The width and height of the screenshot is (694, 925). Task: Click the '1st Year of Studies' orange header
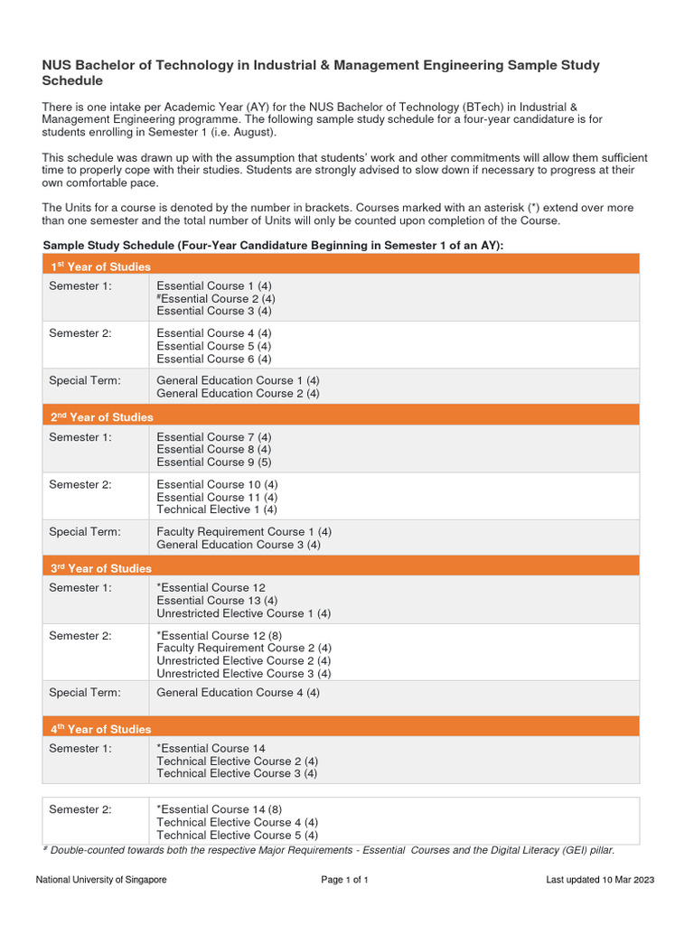click(x=100, y=266)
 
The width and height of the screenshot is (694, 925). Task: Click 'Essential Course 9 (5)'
click(x=214, y=462)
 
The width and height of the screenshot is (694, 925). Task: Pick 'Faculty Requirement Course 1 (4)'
click(x=244, y=532)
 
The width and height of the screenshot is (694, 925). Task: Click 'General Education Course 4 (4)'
click(x=238, y=693)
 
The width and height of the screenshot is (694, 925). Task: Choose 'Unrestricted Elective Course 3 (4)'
click(x=244, y=673)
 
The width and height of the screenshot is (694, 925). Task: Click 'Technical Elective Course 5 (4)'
click(x=237, y=835)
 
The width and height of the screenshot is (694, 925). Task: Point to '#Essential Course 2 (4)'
click(x=216, y=298)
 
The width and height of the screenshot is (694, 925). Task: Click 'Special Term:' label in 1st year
click(x=85, y=380)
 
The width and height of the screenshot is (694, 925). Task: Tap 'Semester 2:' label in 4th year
click(x=80, y=809)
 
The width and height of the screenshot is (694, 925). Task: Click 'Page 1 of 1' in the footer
click(x=345, y=880)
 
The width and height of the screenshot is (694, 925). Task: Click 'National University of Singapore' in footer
click(x=101, y=880)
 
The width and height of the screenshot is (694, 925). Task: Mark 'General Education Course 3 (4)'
click(x=238, y=545)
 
